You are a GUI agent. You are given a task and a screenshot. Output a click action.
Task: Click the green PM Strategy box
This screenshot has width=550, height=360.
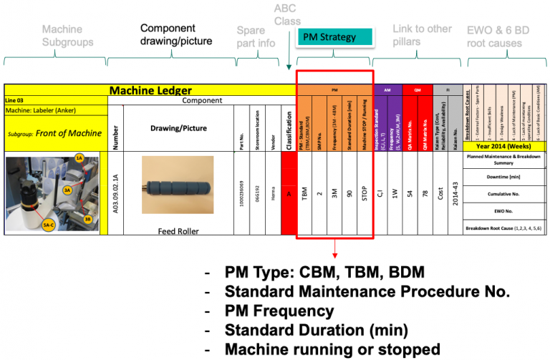(334, 37)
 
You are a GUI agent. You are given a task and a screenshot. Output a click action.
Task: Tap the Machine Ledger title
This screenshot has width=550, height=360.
(150, 90)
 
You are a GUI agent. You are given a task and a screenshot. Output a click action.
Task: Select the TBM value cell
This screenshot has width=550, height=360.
(305, 193)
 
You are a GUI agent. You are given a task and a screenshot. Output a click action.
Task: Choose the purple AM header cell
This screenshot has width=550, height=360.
(387, 90)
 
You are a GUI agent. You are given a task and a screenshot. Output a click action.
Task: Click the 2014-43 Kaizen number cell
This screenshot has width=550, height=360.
(457, 193)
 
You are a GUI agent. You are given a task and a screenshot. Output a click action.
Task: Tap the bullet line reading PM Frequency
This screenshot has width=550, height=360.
(279, 311)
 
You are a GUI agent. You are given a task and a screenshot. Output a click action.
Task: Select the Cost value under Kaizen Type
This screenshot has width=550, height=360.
(438, 193)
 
